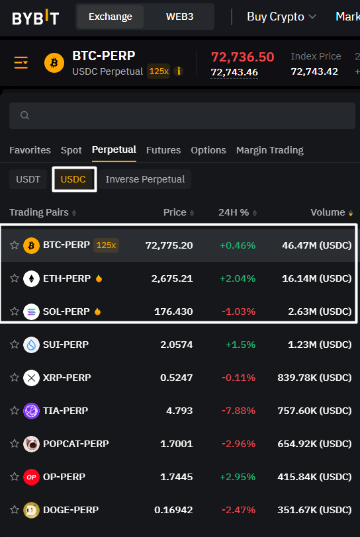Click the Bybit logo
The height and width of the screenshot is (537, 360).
coord(35,17)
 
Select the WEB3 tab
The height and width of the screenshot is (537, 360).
coord(179,17)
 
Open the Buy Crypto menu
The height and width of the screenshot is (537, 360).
coord(281,17)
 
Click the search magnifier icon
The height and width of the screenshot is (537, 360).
coord(24,115)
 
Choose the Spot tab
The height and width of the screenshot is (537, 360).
coord(71,150)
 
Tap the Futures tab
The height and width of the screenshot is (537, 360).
coord(163,150)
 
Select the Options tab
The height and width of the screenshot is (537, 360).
coord(208,150)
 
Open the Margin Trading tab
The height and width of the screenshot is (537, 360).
coord(270,150)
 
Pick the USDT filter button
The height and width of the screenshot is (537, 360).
coord(28,179)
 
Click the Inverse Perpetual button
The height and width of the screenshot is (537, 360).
coord(145,179)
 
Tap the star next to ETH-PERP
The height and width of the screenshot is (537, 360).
coord(15,278)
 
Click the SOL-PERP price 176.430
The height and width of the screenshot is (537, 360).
coord(173,311)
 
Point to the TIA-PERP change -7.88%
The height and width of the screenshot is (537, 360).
coord(239,410)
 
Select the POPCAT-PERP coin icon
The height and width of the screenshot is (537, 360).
coord(31,444)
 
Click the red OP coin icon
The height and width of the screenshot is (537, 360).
coord(31,477)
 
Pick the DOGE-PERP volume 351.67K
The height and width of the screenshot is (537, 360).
coord(314,510)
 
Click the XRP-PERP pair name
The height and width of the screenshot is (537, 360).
coord(67,378)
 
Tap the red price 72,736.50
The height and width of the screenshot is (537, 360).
coord(242,57)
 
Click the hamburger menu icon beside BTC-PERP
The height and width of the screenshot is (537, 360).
coord(21,63)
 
